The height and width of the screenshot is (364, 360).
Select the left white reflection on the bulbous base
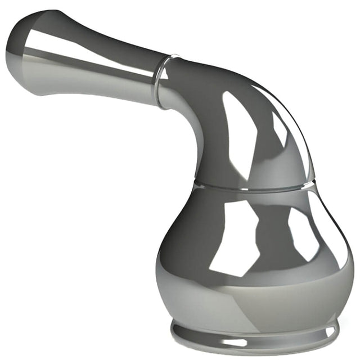pyautogui.click(x=236, y=236)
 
